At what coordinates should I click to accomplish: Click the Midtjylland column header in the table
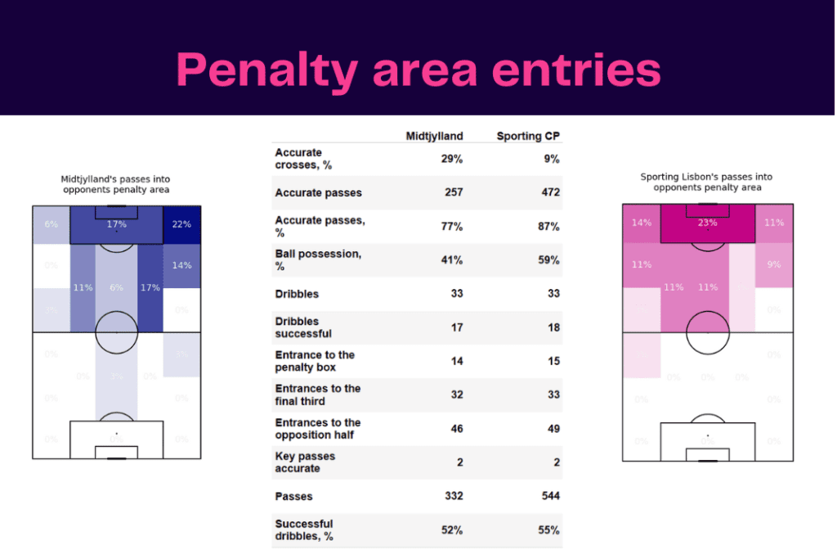click(434, 136)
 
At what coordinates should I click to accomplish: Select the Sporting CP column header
click(528, 136)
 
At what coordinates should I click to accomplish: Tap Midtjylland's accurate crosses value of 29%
click(452, 159)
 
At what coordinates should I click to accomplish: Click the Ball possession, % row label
click(318, 260)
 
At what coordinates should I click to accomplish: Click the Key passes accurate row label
click(305, 462)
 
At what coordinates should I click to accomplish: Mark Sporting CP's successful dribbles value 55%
click(548, 530)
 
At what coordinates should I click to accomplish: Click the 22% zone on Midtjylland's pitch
click(181, 224)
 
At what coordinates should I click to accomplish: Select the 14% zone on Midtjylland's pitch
click(181, 265)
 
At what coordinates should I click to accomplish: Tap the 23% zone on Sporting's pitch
click(707, 223)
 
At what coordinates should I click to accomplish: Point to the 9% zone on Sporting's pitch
click(773, 264)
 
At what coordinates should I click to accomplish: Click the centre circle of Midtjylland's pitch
click(116, 331)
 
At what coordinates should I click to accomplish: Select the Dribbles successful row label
click(303, 327)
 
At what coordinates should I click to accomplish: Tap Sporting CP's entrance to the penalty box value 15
click(553, 362)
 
